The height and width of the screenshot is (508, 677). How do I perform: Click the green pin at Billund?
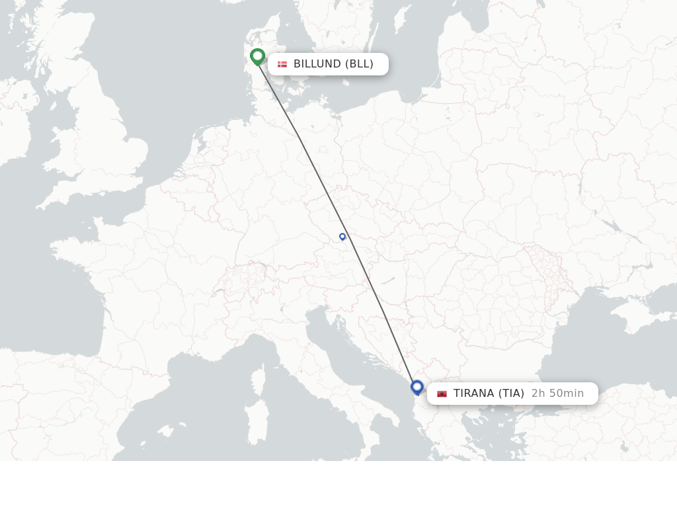[x=257, y=56]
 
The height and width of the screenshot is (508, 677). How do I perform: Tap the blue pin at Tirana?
[x=417, y=386]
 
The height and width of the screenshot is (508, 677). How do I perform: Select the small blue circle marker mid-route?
[x=342, y=236]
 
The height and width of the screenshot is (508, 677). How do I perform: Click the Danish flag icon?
[x=282, y=64]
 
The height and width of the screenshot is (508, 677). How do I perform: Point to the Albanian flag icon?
[x=442, y=394]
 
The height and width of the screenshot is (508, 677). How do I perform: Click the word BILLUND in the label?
[x=317, y=64]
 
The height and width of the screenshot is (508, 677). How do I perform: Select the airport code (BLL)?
[x=360, y=64]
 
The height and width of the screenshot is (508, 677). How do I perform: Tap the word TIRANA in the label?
[x=473, y=394]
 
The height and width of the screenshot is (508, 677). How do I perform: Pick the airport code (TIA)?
[x=512, y=394]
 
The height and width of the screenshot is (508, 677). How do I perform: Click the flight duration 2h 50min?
[x=557, y=394]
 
